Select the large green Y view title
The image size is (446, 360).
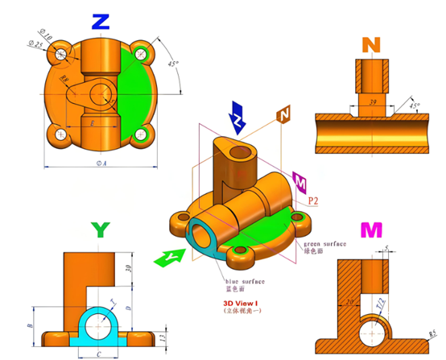(100, 230)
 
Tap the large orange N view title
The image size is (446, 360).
(370, 43)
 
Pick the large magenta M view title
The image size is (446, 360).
(370, 231)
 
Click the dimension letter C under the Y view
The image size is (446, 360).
(100, 352)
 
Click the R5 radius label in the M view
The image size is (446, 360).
(432, 332)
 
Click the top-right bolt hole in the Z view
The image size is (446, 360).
(142, 55)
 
